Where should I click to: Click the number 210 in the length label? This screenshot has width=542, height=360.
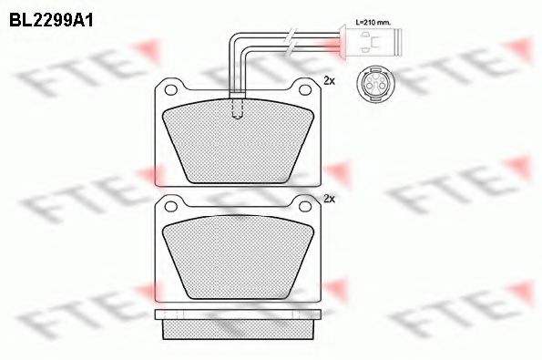pyautogui.click(x=367, y=23)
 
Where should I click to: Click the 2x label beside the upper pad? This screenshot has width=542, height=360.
pyautogui.click(x=330, y=81)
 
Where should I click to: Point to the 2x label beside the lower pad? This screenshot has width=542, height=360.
pyautogui.click(x=330, y=198)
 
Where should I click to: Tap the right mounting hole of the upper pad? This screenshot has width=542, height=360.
pyautogui.click(x=301, y=87)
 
